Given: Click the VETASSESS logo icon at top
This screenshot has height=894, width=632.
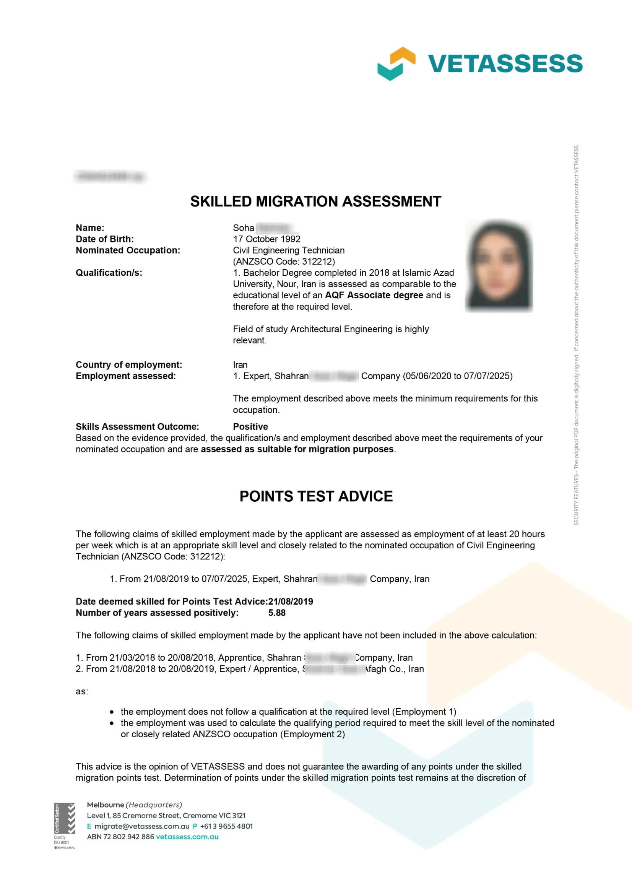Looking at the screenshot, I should [396, 63].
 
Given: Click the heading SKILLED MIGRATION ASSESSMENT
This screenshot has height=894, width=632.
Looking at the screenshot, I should [315, 201].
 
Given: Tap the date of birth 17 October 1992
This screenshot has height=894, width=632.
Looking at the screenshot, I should [266, 239].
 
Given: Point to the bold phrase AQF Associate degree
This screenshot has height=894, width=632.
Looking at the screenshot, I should [374, 295].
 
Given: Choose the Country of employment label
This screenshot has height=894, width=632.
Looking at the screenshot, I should [128, 364].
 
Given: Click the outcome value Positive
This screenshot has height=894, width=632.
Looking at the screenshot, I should [250, 426].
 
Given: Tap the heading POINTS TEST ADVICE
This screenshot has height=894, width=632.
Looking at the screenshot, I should [316, 496].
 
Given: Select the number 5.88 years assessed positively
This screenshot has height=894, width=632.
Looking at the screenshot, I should [276, 613].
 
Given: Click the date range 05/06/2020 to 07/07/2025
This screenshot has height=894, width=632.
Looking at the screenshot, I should [458, 376].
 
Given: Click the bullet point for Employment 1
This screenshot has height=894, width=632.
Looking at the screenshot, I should [112, 712].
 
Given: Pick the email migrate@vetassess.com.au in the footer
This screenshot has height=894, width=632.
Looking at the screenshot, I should [142, 826].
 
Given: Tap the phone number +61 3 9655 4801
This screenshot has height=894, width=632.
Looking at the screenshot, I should [226, 826].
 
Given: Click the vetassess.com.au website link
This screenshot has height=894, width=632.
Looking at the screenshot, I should [187, 836].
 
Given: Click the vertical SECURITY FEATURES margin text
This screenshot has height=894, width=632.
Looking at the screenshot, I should [576, 335].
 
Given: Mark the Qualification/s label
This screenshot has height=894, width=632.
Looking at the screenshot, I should [109, 273].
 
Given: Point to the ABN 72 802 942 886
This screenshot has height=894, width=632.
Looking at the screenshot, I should [120, 836].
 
